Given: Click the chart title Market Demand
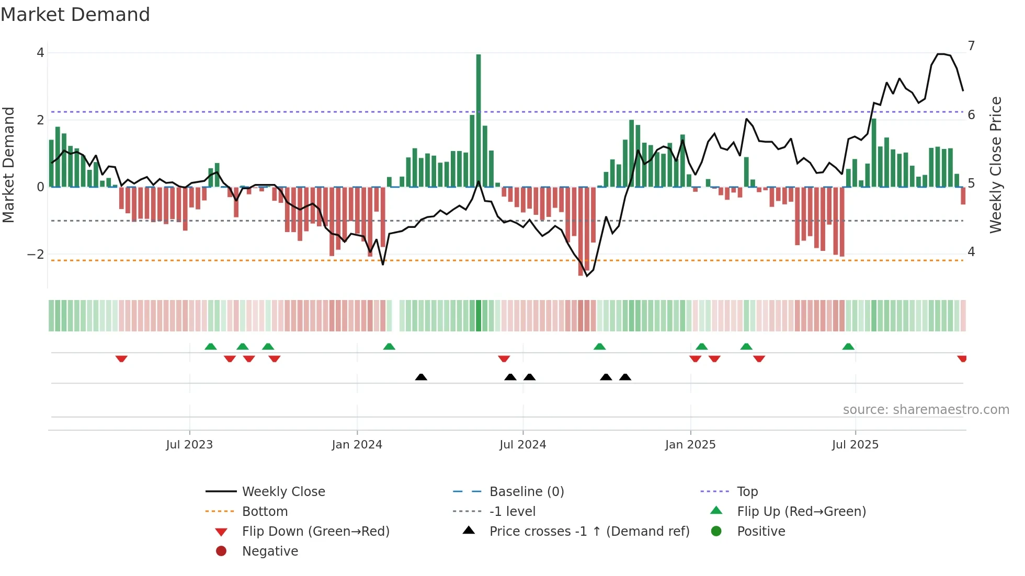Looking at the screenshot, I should (75, 15).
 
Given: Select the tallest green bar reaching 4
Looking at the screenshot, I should (479, 120).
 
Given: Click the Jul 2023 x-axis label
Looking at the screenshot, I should (189, 445).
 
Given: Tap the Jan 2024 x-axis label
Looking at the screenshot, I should (357, 445).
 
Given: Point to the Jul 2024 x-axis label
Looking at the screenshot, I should (522, 445).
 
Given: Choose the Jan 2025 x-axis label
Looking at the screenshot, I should (690, 445).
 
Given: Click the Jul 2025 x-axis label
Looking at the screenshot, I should (855, 445).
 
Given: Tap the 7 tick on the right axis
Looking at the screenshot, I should (971, 46).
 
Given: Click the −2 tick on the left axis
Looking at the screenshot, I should (36, 255).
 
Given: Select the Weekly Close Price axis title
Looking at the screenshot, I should (996, 165).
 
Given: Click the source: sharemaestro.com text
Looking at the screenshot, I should (926, 410).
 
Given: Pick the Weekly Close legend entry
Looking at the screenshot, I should (283, 492).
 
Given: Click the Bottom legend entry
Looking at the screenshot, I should (265, 512).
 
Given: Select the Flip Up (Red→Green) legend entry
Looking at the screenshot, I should (801, 512).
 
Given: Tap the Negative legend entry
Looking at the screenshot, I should (270, 551).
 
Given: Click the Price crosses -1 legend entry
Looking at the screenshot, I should (589, 532).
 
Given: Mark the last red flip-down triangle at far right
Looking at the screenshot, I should (962, 359).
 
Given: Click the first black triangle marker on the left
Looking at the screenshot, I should (421, 377).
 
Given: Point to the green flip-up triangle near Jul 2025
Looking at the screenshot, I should (848, 347).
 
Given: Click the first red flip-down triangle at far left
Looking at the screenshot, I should (121, 359).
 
